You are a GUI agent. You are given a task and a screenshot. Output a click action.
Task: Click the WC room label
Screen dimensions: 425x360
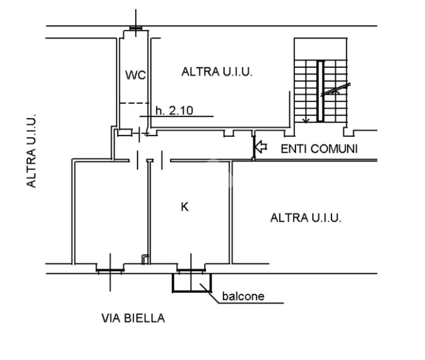click(136, 75)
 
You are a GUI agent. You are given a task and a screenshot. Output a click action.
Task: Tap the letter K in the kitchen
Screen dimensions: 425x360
click(185, 207)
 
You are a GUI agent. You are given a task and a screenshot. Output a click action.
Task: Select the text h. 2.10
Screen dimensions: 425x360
click(174, 111)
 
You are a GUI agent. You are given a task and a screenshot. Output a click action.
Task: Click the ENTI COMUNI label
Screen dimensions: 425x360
click(319, 149)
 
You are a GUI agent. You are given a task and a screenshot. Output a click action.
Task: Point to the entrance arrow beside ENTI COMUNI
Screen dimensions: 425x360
click(261, 147)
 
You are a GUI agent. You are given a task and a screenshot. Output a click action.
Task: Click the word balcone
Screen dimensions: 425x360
click(243, 296)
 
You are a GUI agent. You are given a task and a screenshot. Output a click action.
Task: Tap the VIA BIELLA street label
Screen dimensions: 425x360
click(133, 318)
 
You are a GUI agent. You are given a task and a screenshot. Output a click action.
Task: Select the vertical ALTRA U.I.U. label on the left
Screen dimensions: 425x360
click(31, 151)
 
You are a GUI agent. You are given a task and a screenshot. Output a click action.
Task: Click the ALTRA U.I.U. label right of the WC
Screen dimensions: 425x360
click(217, 72)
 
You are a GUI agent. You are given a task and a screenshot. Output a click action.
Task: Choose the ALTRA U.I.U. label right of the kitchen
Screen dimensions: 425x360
click(306, 218)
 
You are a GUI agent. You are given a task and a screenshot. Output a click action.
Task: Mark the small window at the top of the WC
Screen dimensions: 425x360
click(136, 28)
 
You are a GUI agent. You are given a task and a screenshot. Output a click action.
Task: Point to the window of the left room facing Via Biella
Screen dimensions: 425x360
click(110, 271)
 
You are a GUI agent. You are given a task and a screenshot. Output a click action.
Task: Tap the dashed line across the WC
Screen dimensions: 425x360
click(134, 103)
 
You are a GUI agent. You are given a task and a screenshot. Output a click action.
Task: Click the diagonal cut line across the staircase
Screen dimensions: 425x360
click(335, 89)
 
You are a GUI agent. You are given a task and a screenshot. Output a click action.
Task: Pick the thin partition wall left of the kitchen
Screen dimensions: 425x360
click(149, 212)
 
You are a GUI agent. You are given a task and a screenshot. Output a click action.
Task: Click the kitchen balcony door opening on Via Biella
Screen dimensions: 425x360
click(191, 271)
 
